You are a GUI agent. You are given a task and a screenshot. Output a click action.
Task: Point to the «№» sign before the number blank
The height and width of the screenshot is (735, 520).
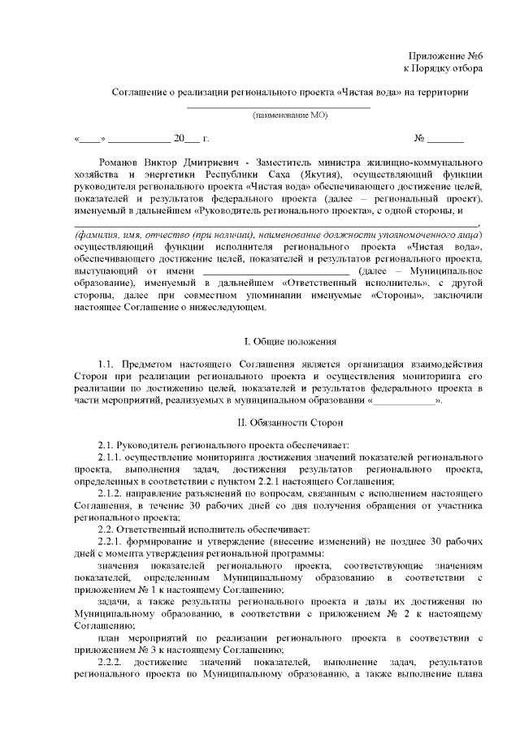pos(420,138)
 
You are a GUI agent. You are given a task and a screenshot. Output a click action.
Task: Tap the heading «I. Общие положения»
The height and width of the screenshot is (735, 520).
pos(279,342)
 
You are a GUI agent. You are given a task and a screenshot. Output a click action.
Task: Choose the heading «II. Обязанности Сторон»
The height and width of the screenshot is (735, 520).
pos(279,422)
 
